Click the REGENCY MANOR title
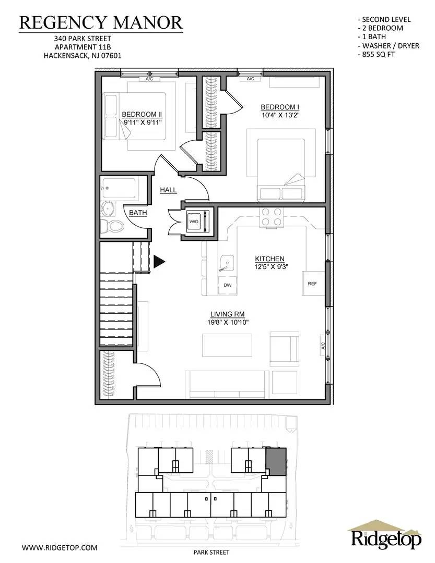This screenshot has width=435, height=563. click(x=101, y=22)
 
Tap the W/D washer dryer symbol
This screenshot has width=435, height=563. click(x=196, y=222)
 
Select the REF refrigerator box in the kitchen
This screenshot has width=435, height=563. click(x=313, y=283)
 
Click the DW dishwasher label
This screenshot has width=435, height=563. click(x=227, y=285)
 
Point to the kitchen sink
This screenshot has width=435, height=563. click(x=226, y=264)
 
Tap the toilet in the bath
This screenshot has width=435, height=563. click(x=112, y=226)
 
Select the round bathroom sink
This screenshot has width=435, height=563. click(x=108, y=209)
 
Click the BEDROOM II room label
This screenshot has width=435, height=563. click(x=142, y=114)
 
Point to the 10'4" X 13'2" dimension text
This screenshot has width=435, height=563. click(x=280, y=115)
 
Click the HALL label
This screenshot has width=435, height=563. click(x=168, y=190)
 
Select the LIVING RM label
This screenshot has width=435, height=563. click(x=227, y=314)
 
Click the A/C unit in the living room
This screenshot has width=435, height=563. click(x=323, y=346)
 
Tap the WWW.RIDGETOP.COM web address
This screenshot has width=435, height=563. click(x=60, y=547)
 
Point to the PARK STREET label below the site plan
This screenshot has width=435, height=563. click(x=211, y=552)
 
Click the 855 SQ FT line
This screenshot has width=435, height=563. click(x=377, y=55)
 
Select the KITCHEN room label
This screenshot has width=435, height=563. click(x=269, y=259)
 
